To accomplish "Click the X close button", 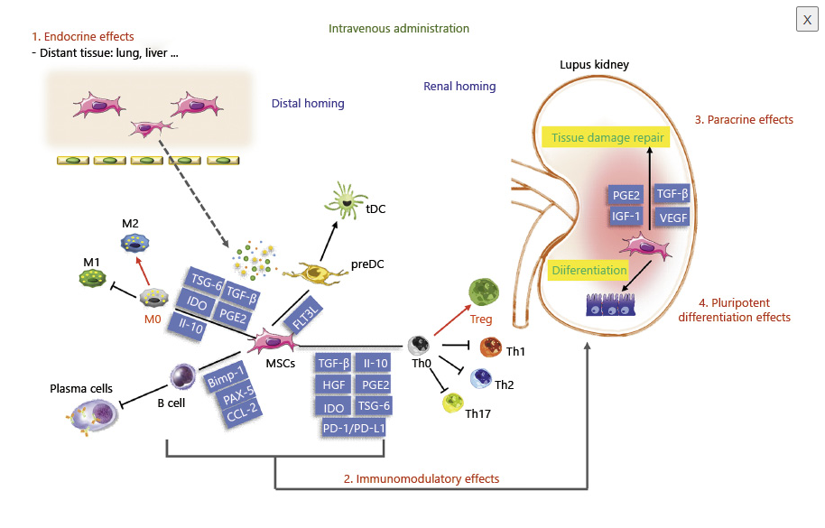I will click(805, 20).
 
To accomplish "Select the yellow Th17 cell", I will click(452, 403).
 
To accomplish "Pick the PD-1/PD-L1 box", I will click(354, 427).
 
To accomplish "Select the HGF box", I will click(330, 384).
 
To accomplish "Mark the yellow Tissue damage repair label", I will click(603, 138).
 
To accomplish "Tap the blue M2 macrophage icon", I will click(134, 242).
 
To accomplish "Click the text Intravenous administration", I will click(398, 29).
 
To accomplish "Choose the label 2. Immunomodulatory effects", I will click(421, 478).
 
